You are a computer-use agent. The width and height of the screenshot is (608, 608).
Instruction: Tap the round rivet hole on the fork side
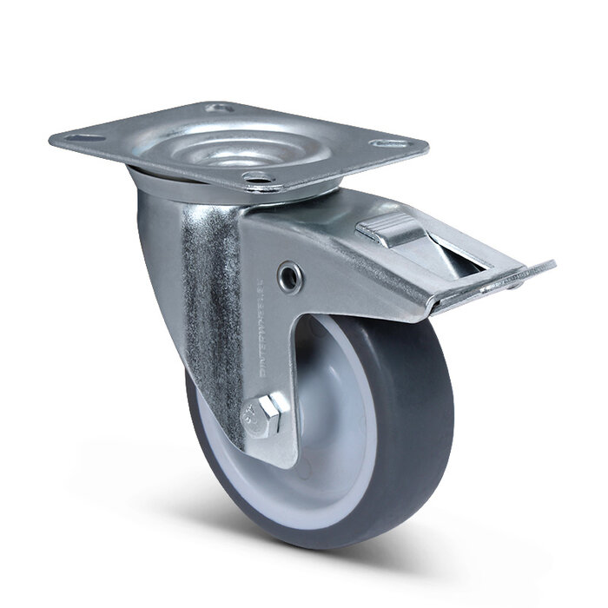[x=288, y=275]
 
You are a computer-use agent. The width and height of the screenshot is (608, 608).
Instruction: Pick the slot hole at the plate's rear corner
[x=217, y=109]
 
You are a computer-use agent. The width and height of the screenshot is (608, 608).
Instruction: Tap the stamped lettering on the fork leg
[x=261, y=330]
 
